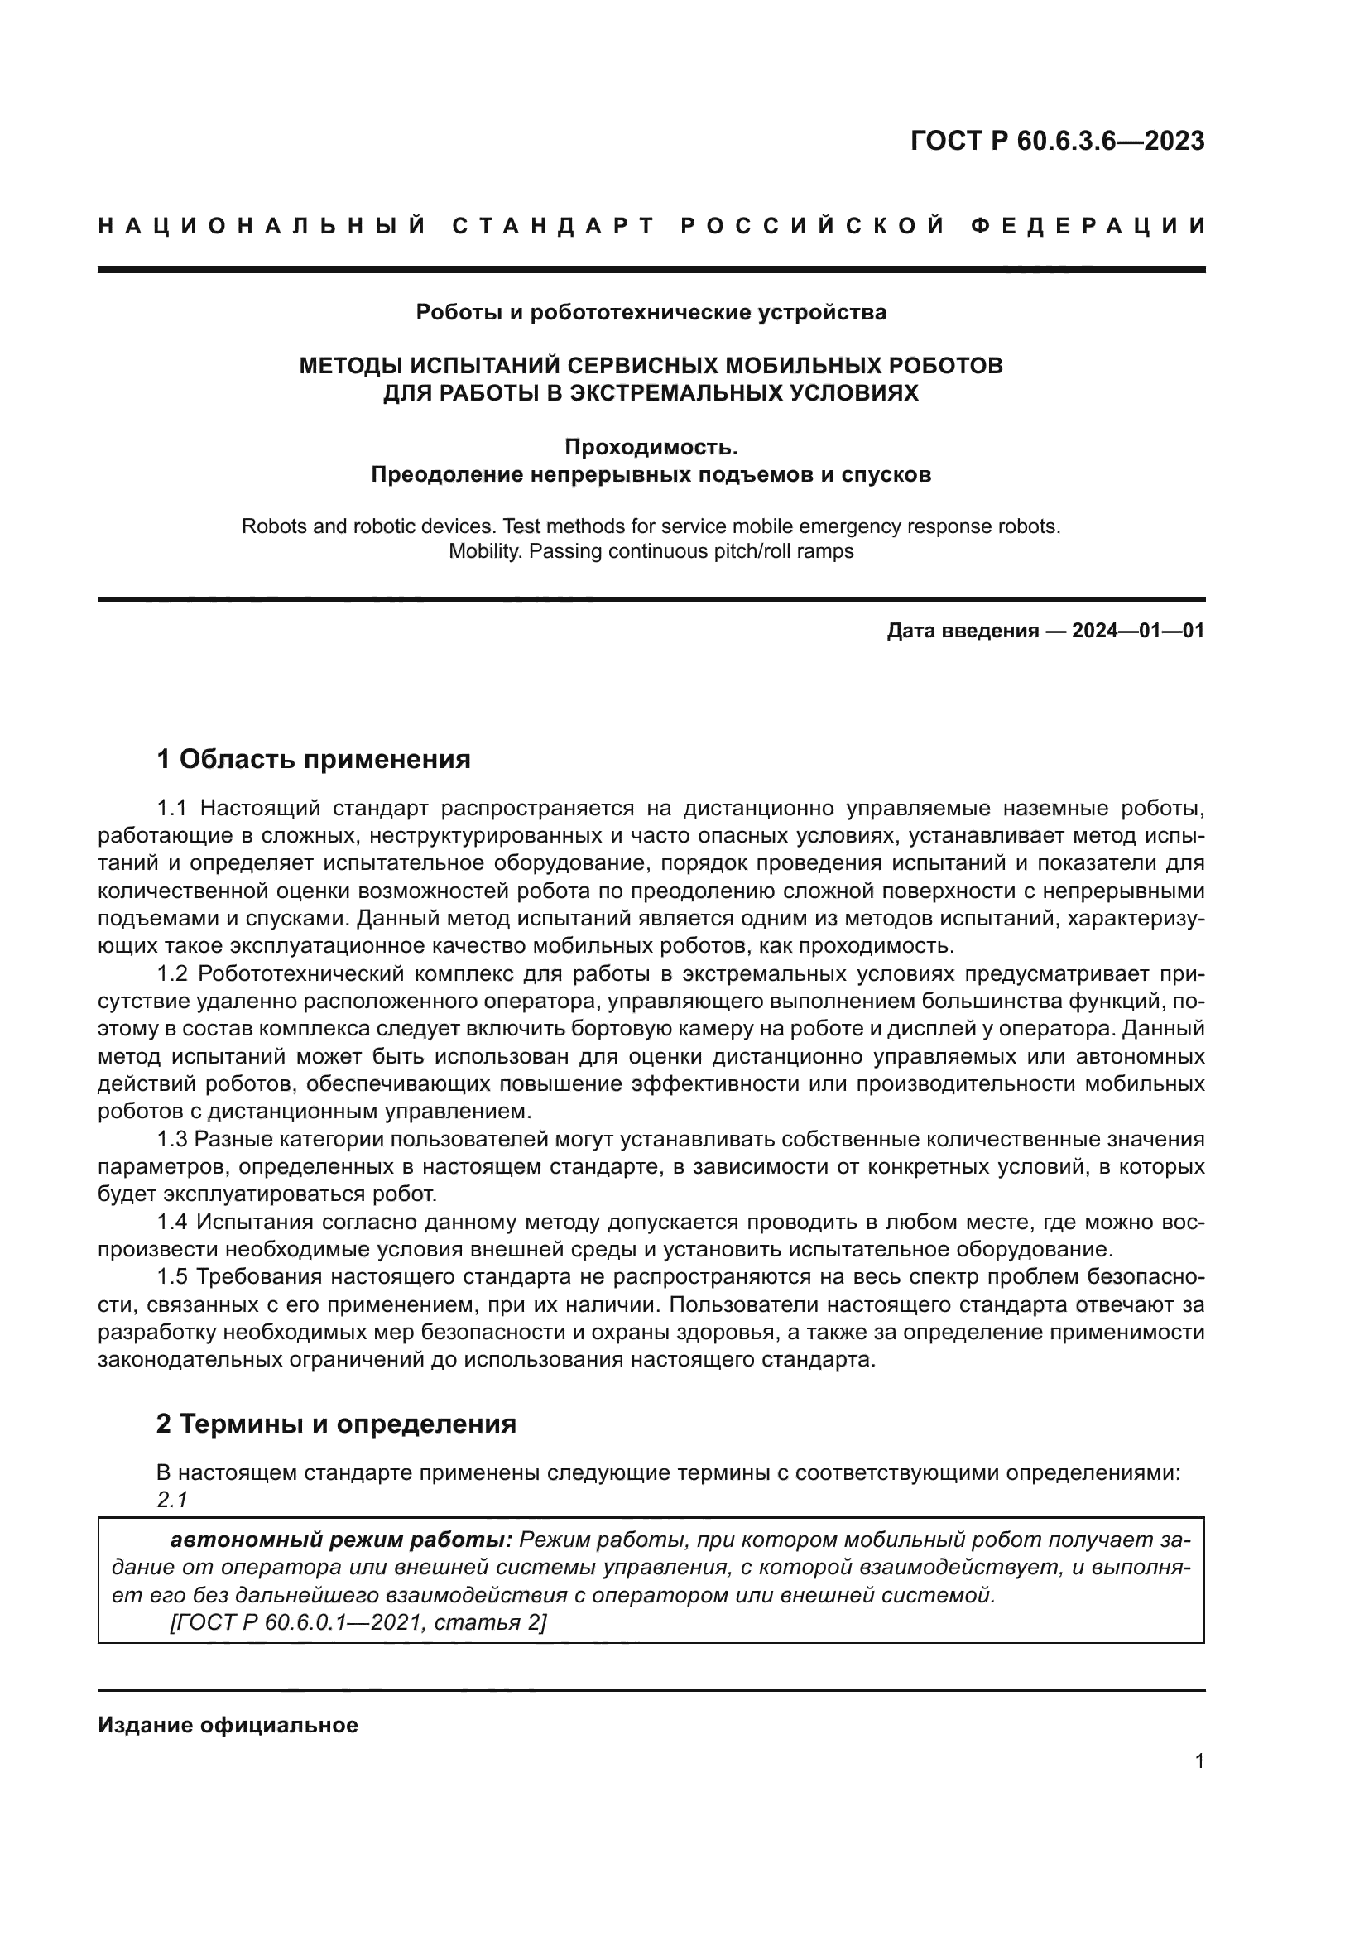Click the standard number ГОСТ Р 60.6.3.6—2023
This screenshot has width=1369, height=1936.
pyautogui.click(x=1057, y=141)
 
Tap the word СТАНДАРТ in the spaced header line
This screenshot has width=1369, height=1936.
pyautogui.click(x=554, y=226)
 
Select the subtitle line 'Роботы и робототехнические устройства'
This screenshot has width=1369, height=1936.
pyautogui.click(x=651, y=313)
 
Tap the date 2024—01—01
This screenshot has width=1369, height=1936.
pyautogui.click(x=1138, y=631)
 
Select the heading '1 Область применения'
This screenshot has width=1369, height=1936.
pyautogui.click(x=313, y=760)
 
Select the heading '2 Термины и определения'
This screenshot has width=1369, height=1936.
pyautogui.click(x=335, y=1424)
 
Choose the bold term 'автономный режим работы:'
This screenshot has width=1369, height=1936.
pyautogui.click(x=341, y=1540)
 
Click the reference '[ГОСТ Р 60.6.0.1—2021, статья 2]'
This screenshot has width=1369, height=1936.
pyautogui.click(x=358, y=1623)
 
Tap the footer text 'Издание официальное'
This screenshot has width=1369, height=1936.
pyautogui.click(x=228, y=1725)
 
